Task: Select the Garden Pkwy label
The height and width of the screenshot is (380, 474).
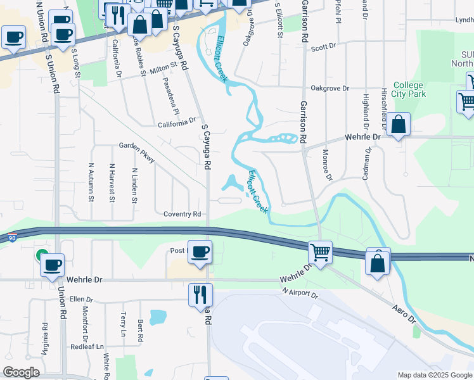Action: pos(137,152)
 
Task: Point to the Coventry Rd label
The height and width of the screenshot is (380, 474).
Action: pos(181,214)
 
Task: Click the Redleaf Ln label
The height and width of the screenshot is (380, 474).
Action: pos(87,346)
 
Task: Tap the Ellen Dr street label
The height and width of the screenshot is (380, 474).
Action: pos(81,299)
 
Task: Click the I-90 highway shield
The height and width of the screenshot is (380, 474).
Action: pos(13,238)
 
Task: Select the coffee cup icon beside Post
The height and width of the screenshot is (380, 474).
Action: pos(200,252)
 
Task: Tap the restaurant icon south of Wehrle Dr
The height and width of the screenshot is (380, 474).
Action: pos(200,293)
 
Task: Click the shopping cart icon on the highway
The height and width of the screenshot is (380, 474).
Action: pos(321,253)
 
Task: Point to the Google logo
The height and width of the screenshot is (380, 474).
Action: pos(22,372)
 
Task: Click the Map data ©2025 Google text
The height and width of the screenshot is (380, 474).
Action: pos(434,375)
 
